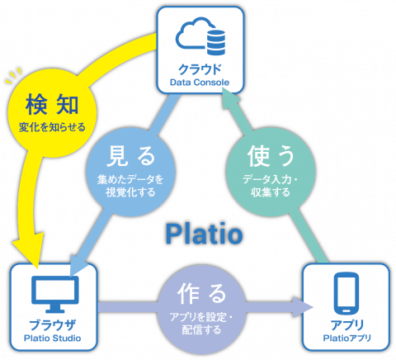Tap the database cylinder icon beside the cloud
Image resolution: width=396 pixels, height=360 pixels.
(215, 38)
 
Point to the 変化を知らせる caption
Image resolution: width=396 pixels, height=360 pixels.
(47, 128)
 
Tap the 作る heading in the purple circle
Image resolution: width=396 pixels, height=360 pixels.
(201, 292)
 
